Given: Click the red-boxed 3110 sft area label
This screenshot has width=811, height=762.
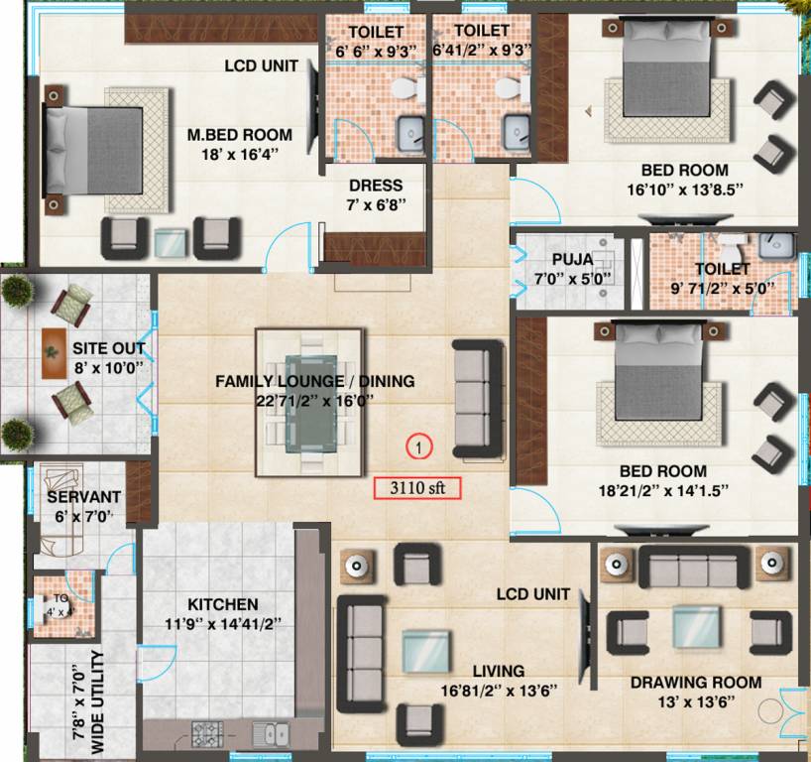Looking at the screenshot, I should pyautogui.click(x=416, y=487).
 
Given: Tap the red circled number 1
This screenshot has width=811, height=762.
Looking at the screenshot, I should pyautogui.click(x=419, y=447).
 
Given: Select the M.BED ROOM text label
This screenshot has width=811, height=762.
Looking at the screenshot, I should pyautogui.click(x=240, y=135).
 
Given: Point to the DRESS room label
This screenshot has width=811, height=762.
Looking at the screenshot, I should pyautogui.click(x=376, y=186).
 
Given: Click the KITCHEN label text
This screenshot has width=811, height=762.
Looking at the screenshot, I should pyautogui.click(x=222, y=604).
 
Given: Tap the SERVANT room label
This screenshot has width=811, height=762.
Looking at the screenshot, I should pyautogui.click(x=83, y=496).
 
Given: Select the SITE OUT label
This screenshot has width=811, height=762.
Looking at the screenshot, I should pyautogui.click(x=108, y=349).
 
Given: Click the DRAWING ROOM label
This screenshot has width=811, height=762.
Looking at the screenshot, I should pyautogui.click(x=696, y=682).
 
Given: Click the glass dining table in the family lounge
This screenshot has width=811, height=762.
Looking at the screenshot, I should pyautogui.click(x=309, y=404).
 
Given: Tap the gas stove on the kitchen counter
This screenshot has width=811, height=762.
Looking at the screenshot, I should pyautogui.click(x=208, y=734).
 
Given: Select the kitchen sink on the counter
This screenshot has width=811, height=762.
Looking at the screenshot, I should pyautogui.click(x=270, y=734).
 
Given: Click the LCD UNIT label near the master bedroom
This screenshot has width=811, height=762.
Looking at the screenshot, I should pyautogui.click(x=263, y=67).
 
